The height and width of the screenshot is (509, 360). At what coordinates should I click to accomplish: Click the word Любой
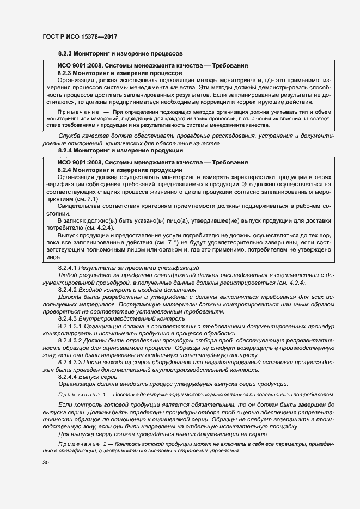point(67,276)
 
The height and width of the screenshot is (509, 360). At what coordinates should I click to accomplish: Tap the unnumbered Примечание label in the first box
point(79,112)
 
